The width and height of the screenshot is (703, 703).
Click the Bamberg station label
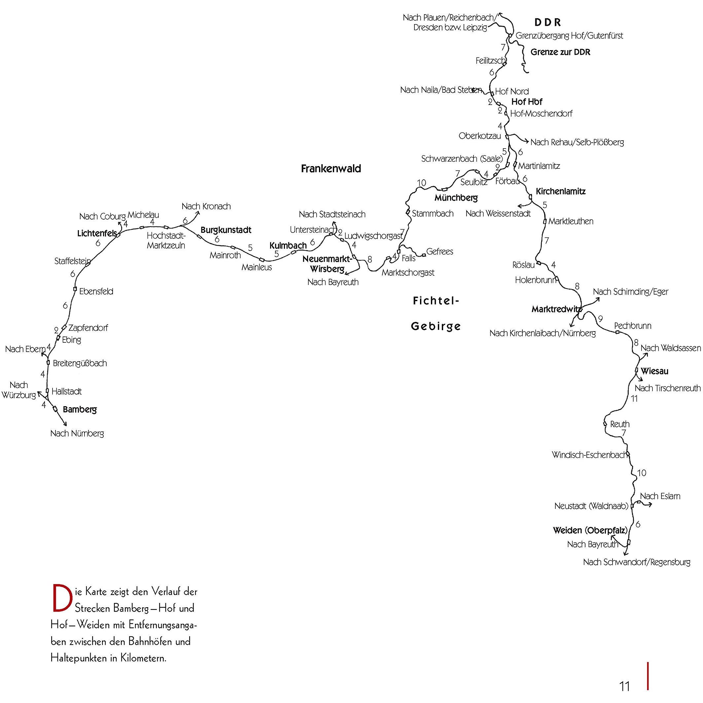point(80,410)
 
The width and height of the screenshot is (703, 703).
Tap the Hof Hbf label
point(527,102)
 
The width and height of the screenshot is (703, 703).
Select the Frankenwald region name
point(331,168)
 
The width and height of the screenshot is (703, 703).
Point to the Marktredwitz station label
point(555,309)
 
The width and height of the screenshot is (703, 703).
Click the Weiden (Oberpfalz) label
point(590,531)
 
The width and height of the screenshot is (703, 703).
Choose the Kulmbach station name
point(288,246)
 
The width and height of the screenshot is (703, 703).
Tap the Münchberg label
point(456,198)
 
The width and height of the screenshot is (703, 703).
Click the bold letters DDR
point(547,22)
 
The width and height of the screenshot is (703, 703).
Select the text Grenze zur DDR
point(560,52)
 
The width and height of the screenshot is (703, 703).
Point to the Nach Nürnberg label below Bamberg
point(77,433)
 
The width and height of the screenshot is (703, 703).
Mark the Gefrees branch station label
point(439,251)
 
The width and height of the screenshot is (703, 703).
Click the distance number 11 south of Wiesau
point(635,399)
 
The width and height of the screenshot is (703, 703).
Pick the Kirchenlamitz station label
point(561,192)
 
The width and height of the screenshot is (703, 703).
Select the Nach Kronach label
point(206,206)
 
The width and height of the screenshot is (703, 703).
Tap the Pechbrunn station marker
point(617,332)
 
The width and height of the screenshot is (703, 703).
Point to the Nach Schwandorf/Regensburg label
point(637,562)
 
